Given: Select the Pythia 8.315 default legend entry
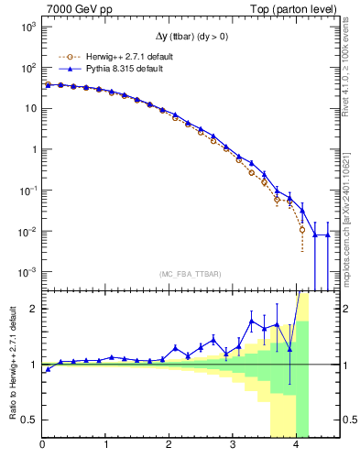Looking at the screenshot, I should coord(119,68).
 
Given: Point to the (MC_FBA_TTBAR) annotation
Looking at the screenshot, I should coord(190,274).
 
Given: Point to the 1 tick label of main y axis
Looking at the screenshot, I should coord(32,149).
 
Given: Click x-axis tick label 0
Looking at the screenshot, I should coord(42,446).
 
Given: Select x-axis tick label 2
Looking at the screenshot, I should coord(169,446).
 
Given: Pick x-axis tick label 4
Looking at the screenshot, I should coord(296,446).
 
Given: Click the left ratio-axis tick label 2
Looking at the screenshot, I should coord(34,309).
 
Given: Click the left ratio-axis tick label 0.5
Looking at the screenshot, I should coord(29,420).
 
